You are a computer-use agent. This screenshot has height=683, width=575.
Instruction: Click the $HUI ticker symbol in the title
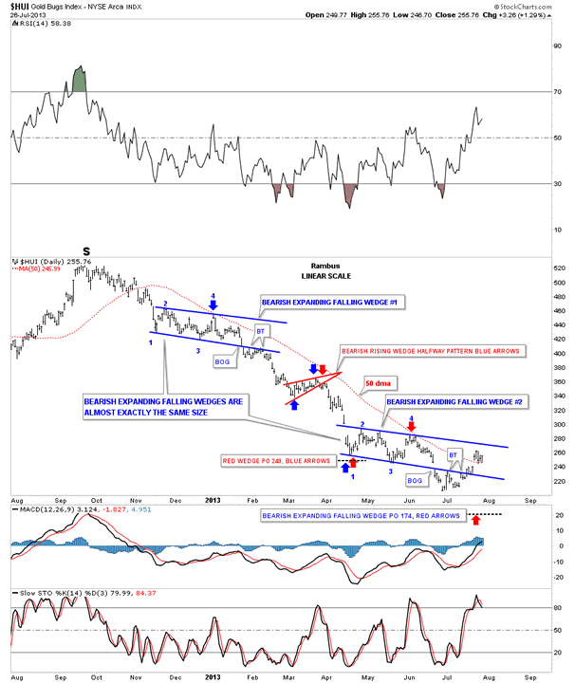21,6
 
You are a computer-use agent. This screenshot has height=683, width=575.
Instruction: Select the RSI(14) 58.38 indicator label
38,27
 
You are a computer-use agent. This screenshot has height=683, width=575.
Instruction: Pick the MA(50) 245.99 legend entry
37,269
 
